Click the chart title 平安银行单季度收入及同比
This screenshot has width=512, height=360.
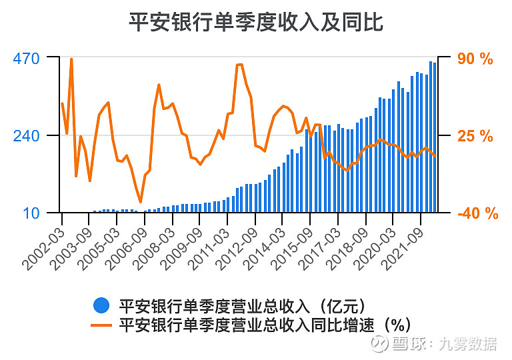point(256,22)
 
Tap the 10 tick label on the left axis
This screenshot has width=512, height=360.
point(32,213)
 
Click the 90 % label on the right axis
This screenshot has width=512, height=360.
point(475,59)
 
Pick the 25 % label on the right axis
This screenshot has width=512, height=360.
point(475,136)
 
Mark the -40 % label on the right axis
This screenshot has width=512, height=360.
point(478,213)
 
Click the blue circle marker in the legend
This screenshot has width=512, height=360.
point(101,305)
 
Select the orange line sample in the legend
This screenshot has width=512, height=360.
point(101,325)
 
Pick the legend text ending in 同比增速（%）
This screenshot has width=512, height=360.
point(264,325)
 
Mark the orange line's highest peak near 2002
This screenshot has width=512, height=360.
point(71,59)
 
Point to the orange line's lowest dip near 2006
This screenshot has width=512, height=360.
point(141,201)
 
